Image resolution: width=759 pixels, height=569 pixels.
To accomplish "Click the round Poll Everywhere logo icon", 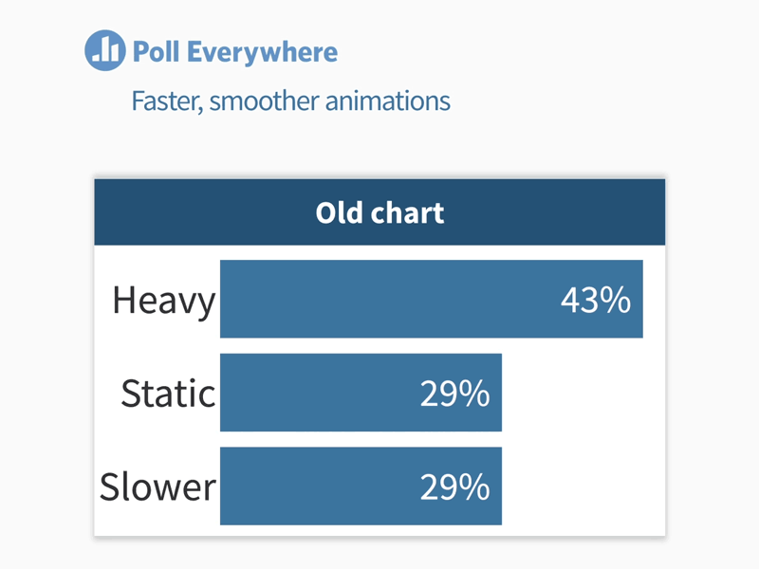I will (x=104, y=50).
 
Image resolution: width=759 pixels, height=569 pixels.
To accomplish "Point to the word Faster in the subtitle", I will (x=166, y=101).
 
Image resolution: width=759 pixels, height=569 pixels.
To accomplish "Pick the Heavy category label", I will (x=164, y=301).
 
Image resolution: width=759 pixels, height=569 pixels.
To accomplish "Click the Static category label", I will (x=168, y=394).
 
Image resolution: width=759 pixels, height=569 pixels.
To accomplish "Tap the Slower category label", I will (x=158, y=486).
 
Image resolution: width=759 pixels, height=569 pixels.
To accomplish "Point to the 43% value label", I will (x=595, y=301).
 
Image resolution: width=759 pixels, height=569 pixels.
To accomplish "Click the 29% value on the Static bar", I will (x=454, y=394).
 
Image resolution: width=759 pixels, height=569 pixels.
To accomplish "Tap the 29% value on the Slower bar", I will (x=454, y=486).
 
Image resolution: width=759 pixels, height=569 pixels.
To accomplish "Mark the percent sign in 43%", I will (x=617, y=301).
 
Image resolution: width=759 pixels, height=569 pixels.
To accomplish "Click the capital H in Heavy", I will (x=123, y=301).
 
